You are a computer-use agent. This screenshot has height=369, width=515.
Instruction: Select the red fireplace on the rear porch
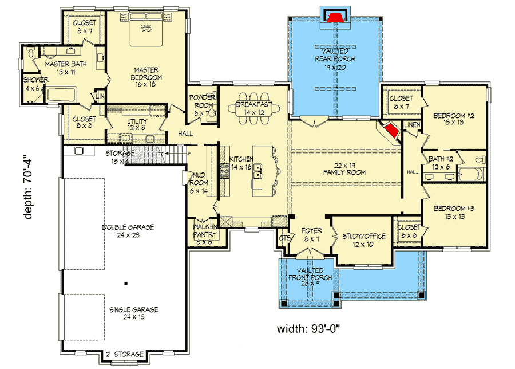pyautogui.click(x=334, y=17)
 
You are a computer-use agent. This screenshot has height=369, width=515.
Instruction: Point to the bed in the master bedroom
pyautogui.click(x=145, y=33)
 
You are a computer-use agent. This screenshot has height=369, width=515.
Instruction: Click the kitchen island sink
pyautogui.click(x=259, y=170)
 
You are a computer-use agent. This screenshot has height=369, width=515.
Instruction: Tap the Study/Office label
pyautogui.click(x=363, y=240)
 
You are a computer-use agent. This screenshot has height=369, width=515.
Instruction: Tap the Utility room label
pyautogui.click(x=137, y=125)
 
